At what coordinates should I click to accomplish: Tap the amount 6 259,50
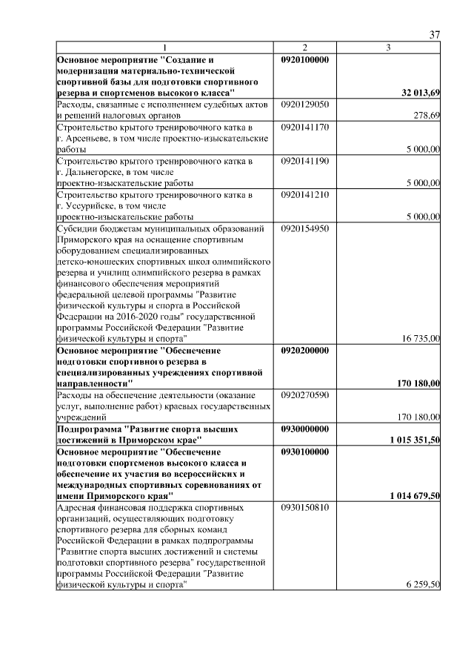point(424,585)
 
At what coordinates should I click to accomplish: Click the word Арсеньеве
point(89,138)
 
